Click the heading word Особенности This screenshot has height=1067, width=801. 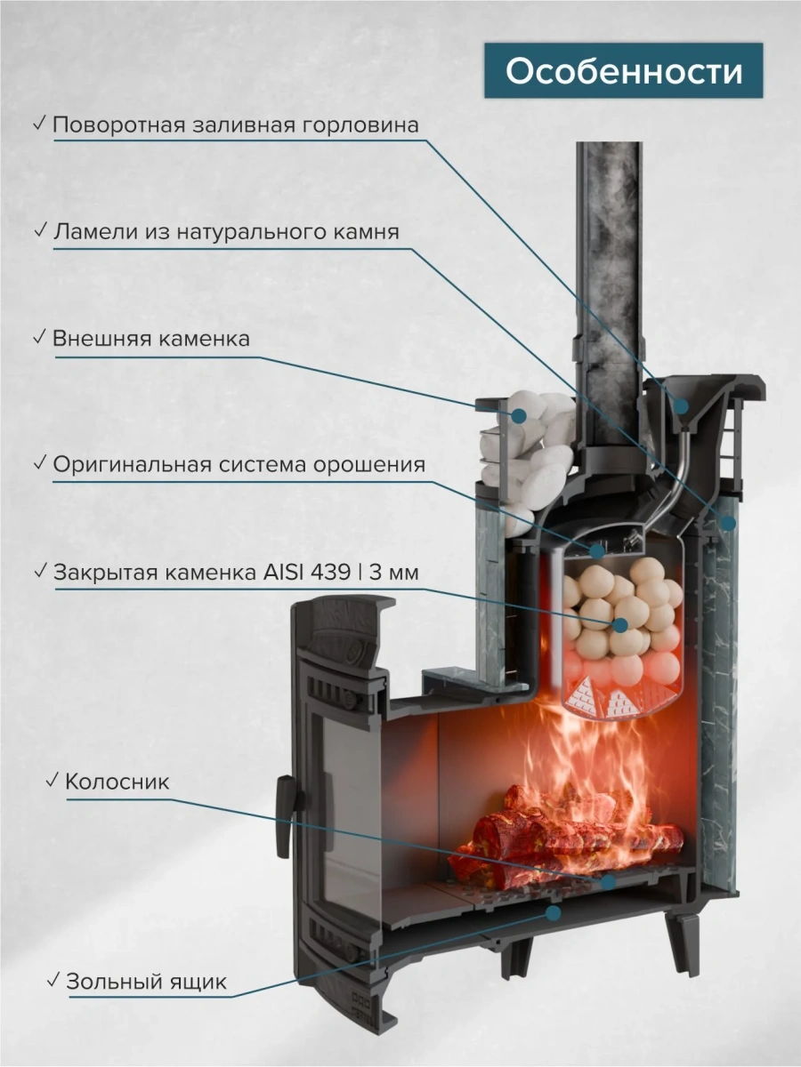(x=624, y=72)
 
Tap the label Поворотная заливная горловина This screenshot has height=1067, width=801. (x=235, y=124)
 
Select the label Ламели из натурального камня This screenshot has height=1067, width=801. (x=226, y=232)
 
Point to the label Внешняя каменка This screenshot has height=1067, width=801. (x=150, y=340)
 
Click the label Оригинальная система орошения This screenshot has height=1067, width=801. (x=239, y=464)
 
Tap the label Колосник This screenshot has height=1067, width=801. (x=117, y=782)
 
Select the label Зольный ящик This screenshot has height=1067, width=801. (x=146, y=983)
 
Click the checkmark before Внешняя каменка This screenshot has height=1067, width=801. (x=39, y=338)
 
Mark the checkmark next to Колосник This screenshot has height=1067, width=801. (x=52, y=781)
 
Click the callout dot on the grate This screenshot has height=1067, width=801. (x=608, y=882)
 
